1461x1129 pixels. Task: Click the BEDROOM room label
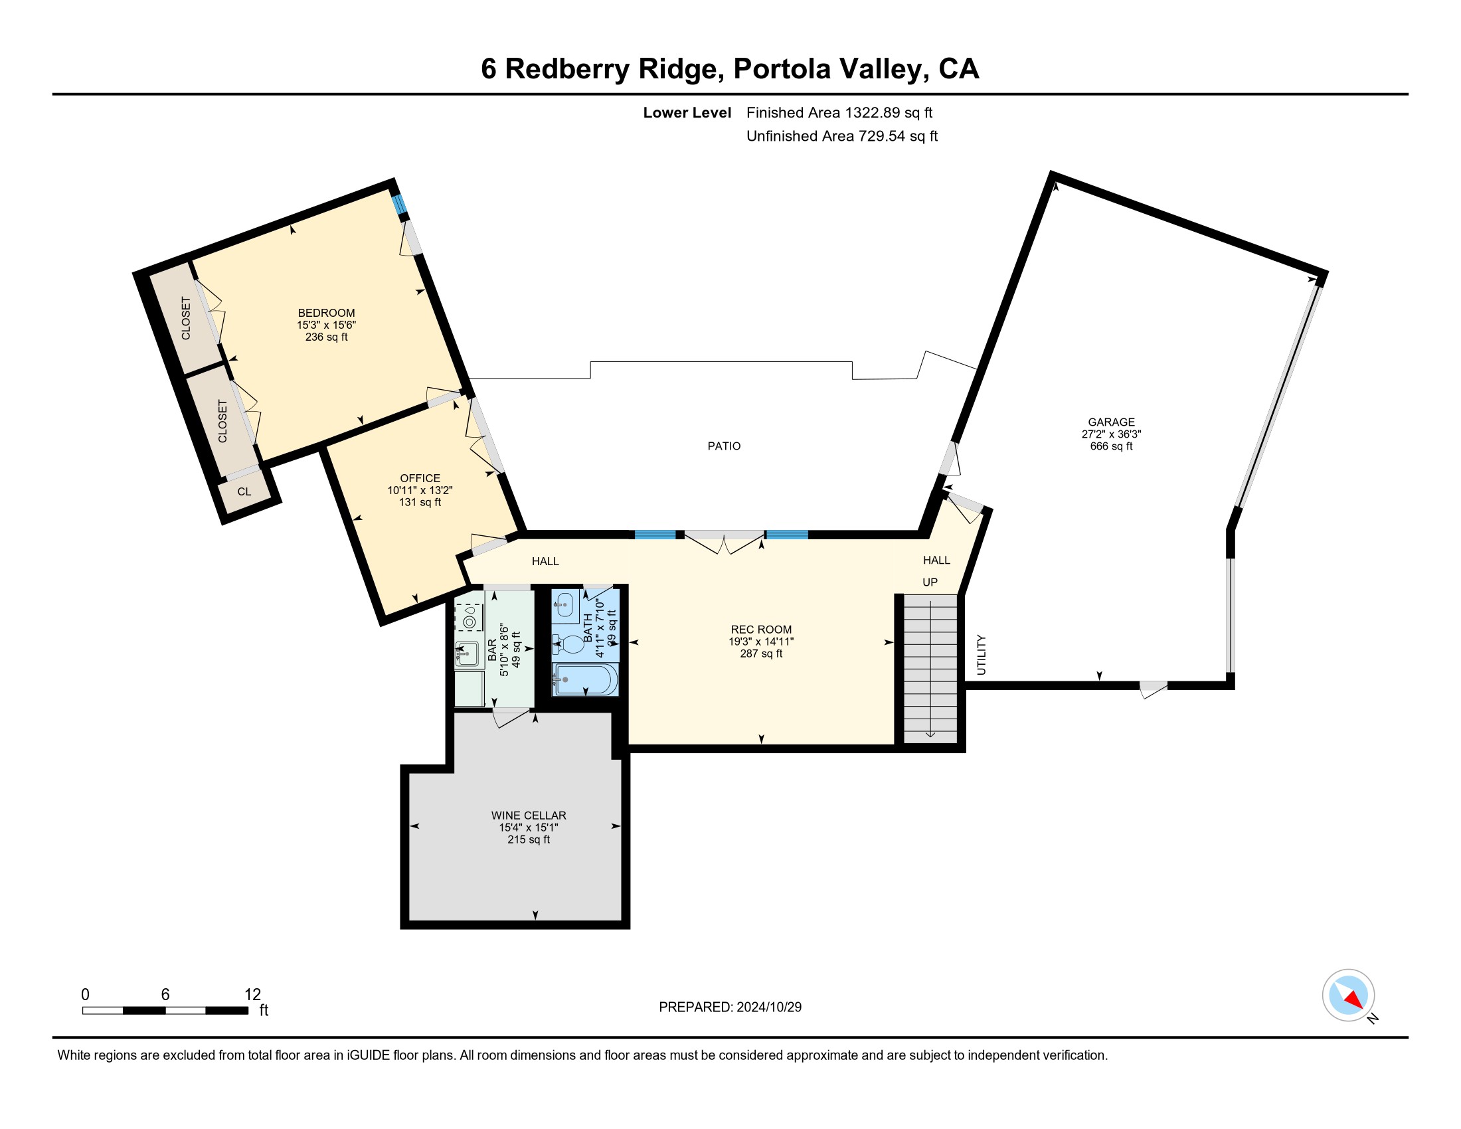click(x=327, y=313)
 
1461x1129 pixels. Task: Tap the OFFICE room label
click(x=420, y=478)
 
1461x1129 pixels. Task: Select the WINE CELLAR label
click(x=529, y=816)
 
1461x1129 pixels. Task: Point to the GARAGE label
click(x=1111, y=422)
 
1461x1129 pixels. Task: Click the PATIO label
click(x=724, y=446)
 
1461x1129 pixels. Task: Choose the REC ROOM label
click(x=761, y=630)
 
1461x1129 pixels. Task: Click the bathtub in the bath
click(x=584, y=679)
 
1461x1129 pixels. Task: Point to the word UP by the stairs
click(x=930, y=582)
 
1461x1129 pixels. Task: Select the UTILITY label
click(x=982, y=655)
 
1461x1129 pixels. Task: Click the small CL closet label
click(x=244, y=491)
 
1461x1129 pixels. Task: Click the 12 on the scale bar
click(x=253, y=995)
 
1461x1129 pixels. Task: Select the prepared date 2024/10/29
click(x=768, y=1007)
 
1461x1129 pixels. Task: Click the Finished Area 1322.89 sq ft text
click(x=839, y=112)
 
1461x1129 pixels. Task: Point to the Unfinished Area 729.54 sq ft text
click(x=842, y=135)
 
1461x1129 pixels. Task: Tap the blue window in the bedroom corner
click(x=399, y=205)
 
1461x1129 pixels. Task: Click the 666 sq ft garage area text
click(x=1111, y=446)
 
